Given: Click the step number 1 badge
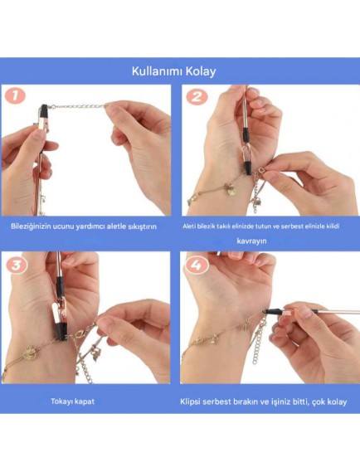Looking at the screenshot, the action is [x=15, y=96].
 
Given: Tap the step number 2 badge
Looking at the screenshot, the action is [x=196, y=97].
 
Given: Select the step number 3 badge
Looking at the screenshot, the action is [x=16, y=265].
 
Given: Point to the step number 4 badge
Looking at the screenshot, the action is [x=196, y=265].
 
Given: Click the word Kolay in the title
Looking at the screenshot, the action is [x=201, y=71].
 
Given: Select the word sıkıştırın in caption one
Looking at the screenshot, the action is [x=143, y=226].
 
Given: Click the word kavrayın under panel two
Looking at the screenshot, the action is [x=251, y=241].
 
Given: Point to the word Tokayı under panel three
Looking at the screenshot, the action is [x=61, y=401].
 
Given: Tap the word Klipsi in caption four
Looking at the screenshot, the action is [x=190, y=401].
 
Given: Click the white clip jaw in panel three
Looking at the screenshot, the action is [x=55, y=313].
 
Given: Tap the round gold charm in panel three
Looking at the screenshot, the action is [x=30, y=353].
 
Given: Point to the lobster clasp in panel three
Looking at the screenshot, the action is [x=78, y=335].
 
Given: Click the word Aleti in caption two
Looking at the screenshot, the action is [x=189, y=226].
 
